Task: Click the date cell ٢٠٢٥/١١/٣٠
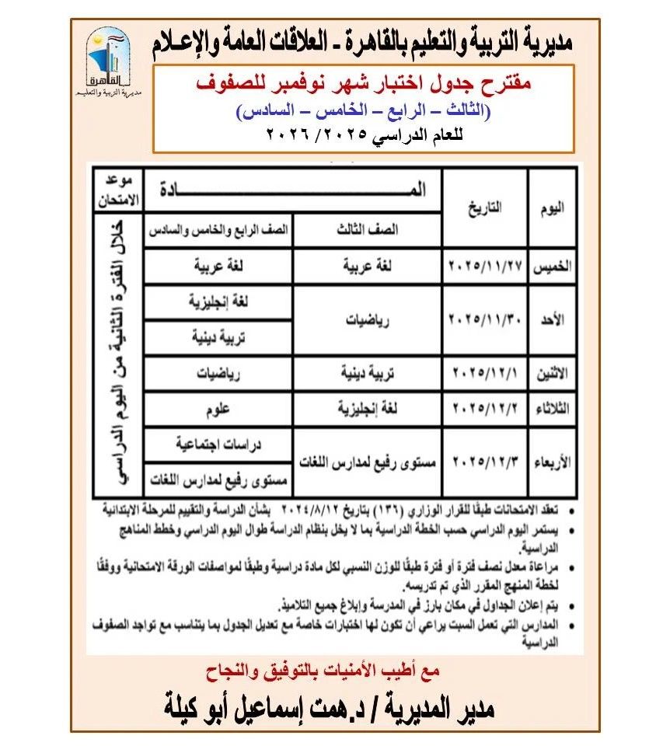[484, 319]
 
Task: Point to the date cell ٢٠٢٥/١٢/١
[484, 372]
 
